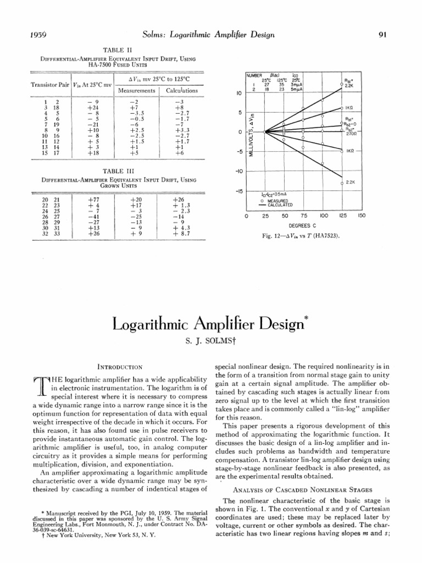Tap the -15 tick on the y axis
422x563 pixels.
coord(239,192)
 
